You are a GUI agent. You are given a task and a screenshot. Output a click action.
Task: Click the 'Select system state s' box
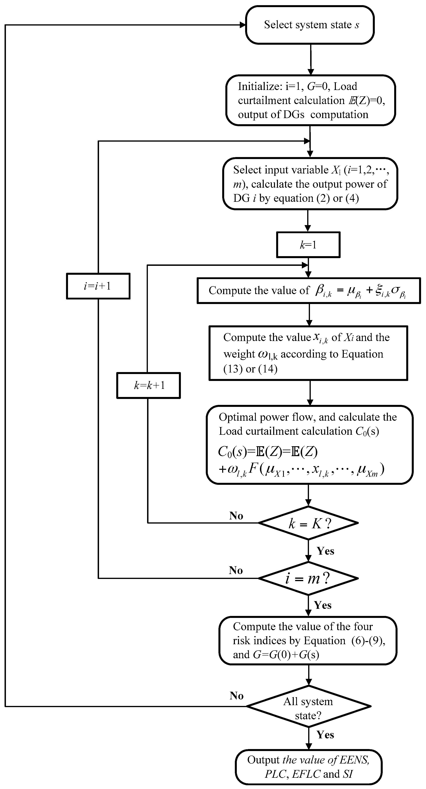[310, 25]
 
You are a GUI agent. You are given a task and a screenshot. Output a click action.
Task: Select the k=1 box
[308, 245]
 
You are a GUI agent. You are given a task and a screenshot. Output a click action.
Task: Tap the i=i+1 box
[98, 286]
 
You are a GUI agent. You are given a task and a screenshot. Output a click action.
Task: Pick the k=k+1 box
[149, 385]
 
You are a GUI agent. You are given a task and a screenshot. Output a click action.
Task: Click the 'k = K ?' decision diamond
[308, 523]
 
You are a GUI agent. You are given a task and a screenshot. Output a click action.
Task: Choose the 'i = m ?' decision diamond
[308, 578]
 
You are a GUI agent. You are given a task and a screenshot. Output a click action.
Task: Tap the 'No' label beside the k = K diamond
[236, 516]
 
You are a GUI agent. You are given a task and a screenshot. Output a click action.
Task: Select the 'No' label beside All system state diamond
[237, 696]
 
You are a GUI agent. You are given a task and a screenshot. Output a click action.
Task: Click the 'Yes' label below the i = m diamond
[323, 605]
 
